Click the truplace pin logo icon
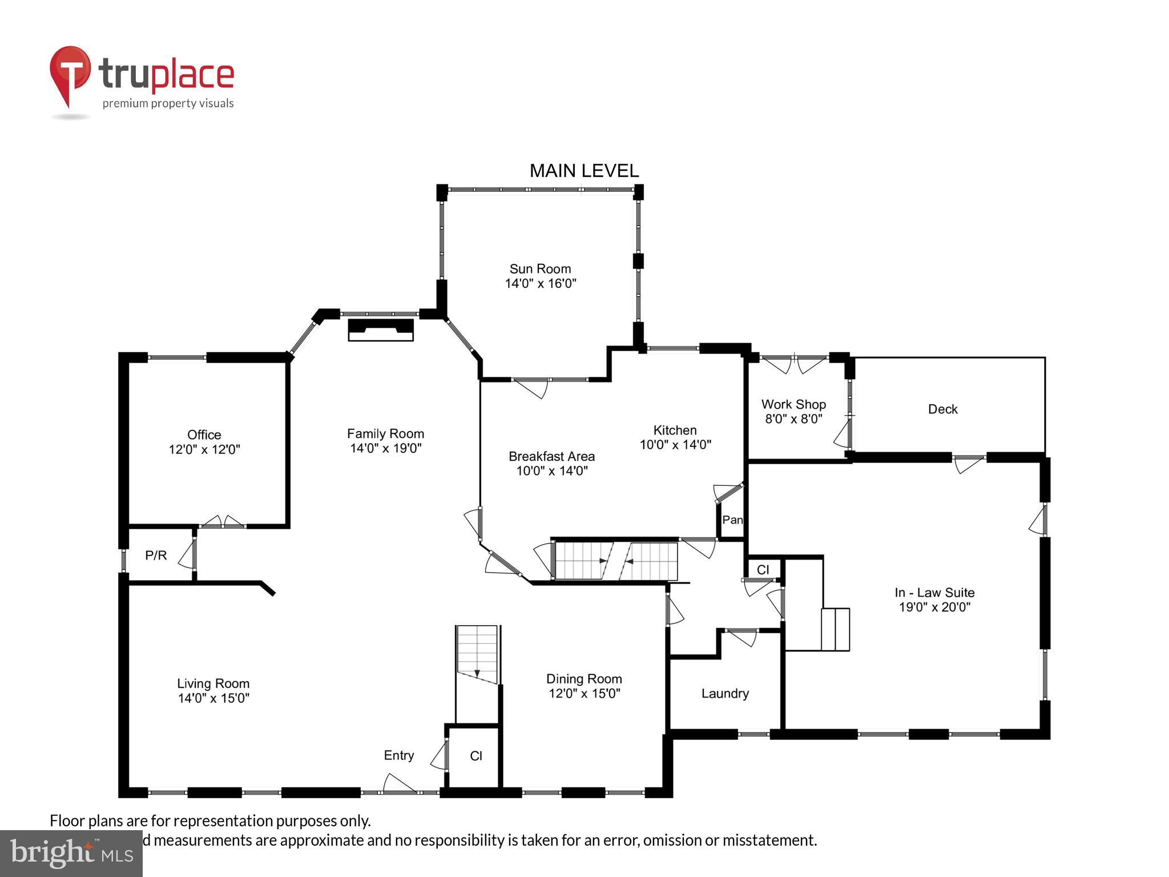pyautogui.click(x=70, y=74)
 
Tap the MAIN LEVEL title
pyautogui.click(x=584, y=171)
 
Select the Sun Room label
pyautogui.click(x=540, y=269)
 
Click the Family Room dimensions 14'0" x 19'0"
pyautogui.click(x=385, y=448)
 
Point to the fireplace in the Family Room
pyautogui.click(x=381, y=330)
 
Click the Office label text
pyautogui.click(x=204, y=435)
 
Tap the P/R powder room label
pyautogui.click(x=156, y=555)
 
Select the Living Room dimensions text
pyautogui.click(x=213, y=698)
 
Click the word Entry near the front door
pyautogui.click(x=398, y=755)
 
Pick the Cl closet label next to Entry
pyautogui.click(x=476, y=756)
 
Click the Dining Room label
pyautogui.click(x=584, y=679)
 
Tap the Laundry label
pyautogui.click(x=725, y=693)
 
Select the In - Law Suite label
pyautogui.click(x=934, y=593)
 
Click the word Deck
pyautogui.click(x=942, y=409)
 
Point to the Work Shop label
pyautogui.click(x=793, y=404)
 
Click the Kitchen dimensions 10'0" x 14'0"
pyautogui.click(x=675, y=445)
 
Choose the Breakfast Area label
pyautogui.click(x=551, y=456)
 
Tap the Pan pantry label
pyautogui.click(x=732, y=520)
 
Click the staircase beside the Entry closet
pyautogui.click(x=477, y=657)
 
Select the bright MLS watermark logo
pyautogui.click(x=71, y=853)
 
